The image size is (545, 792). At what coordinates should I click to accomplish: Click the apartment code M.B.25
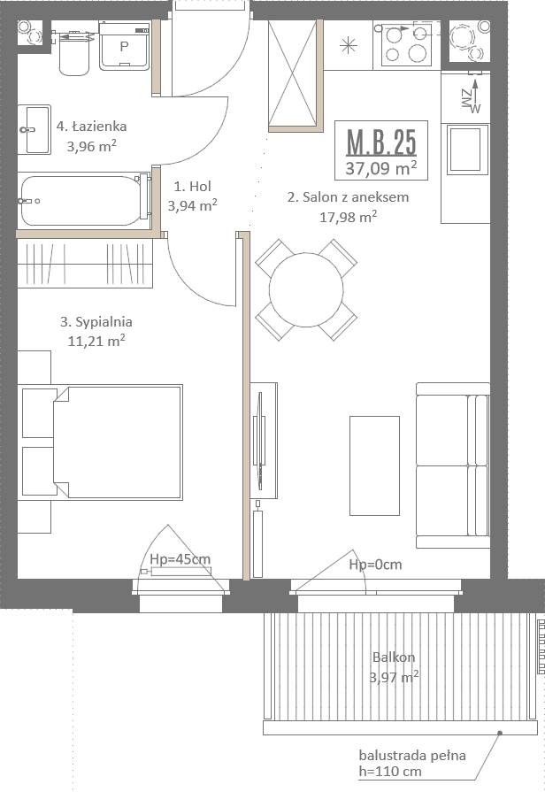pyautogui.click(x=381, y=142)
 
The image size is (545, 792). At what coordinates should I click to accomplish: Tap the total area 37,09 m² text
pyautogui.click(x=381, y=168)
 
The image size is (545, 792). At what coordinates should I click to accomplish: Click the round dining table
pyautogui.click(x=306, y=290)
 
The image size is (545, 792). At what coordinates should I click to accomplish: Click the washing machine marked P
pyautogui.click(x=124, y=46)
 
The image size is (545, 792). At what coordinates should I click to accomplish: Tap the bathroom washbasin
pyautogui.click(x=35, y=129)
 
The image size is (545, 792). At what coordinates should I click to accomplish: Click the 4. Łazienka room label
pyautogui.click(x=91, y=127)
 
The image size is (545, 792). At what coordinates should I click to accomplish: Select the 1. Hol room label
pyautogui.click(x=193, y=187)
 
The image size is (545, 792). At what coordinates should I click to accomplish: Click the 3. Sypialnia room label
pyautogui.click(x=96, y=322)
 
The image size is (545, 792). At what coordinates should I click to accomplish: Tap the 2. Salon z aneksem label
pyautogui.click(x=348, y=197)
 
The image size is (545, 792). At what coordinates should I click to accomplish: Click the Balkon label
pyautogui.click(x=394, y=657)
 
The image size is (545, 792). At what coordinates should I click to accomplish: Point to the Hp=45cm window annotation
pyautogui.click(x=180, y=559)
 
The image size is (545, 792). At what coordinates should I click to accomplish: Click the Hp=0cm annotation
pyautogui.click(x=375, y=565)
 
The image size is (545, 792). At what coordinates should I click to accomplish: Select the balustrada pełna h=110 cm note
pyautogui.click(x=412, y=763)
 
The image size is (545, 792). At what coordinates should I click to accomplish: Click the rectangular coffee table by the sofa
pyautogui.click(x=375, y=465)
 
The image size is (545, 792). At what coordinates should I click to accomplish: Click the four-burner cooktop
pyautogui.click(x=407, y=43)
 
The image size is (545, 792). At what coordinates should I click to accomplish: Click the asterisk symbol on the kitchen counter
pyautogui.click(x=348, y=46)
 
